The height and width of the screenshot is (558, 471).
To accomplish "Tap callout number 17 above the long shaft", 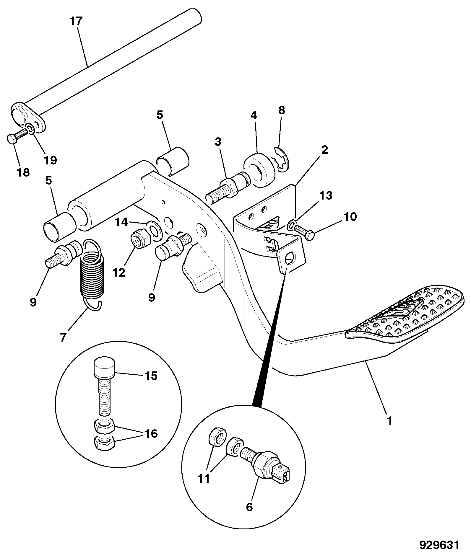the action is tap(76, 22).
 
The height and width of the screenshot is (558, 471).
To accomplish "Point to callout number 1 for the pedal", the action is tap(389, 420).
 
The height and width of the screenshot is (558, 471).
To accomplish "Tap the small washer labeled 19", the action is tap(30, 128).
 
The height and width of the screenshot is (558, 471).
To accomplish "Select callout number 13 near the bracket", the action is tap(326, 195).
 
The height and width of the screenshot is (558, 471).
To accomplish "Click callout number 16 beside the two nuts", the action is tap(151, 434).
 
